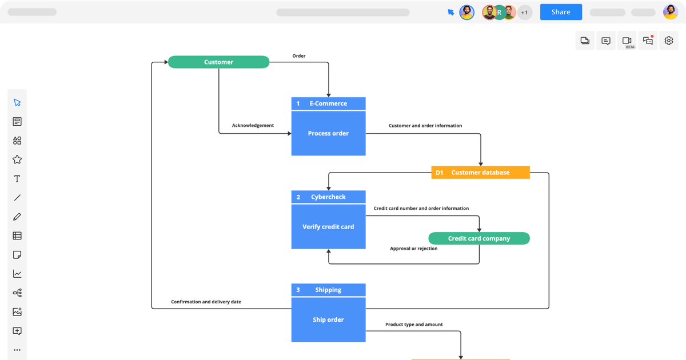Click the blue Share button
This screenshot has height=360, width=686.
coord(561,12)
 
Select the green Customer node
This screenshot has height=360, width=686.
coord(218,62)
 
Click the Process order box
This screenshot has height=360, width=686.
coord(328,133)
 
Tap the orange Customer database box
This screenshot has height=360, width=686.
coord(480,172)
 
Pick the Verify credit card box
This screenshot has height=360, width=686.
coord(328,227)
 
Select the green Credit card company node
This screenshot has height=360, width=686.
coord(479,238)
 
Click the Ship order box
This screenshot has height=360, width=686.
coord(328,320)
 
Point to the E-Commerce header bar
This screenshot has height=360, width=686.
coord(328,103)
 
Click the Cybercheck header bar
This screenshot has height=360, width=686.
coord(328,197)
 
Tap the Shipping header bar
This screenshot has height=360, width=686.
coord(328,290)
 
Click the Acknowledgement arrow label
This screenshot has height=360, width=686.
coord(253,125)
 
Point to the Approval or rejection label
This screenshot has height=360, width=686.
coord(414,249)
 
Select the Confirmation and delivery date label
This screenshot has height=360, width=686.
coord(206,302)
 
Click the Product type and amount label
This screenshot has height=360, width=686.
coord(414,325)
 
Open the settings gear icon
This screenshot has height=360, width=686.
coord(669,41)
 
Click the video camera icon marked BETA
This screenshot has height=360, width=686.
coord(627,41)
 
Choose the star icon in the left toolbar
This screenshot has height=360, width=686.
coord(17,159)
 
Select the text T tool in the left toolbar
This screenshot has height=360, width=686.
coord(17,179)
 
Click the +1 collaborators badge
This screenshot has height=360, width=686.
coord(525,12)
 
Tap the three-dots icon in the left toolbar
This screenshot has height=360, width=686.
coord(17,350)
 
